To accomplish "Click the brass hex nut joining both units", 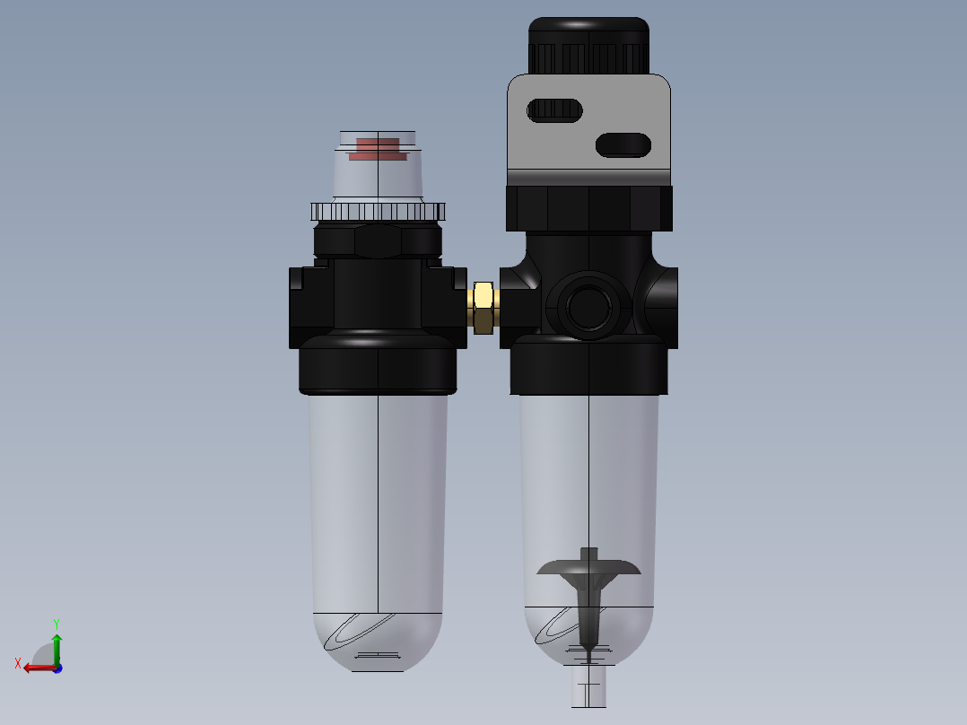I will [x=483, y=307].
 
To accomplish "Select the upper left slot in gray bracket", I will [x=555, y=110].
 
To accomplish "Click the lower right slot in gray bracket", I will [x=623, y=144].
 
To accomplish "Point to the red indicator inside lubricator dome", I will [x=378, y=150].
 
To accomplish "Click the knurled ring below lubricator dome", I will [x=378, y=212].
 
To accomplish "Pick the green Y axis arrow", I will [x=57, y=644].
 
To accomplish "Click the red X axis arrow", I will [x=36, y=667].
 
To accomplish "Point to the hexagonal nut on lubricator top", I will [x=378, y=240].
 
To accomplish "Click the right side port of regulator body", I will [x=664, y=301].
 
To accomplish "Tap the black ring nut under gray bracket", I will [x=588, y=208].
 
